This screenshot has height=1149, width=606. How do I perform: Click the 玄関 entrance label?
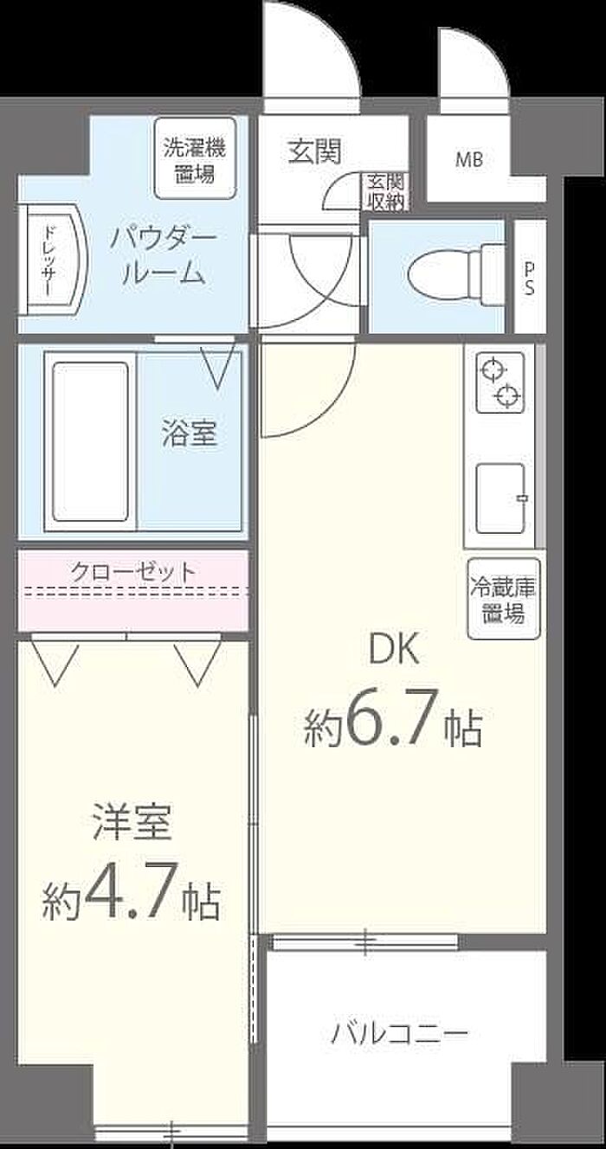(x=314, y=151)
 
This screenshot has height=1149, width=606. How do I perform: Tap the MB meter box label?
(x=469, y=160)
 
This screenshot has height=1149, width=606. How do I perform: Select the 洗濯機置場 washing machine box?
(x=195, y=158)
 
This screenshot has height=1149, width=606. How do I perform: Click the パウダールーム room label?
(x=163, y=257)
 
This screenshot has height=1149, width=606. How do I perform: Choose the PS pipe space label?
(x=528, y=279)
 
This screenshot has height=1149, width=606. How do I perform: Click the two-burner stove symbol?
(x=500, y=382)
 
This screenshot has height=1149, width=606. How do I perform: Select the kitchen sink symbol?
(x=501, y=498)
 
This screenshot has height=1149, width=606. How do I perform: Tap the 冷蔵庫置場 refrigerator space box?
(x=503, y=599)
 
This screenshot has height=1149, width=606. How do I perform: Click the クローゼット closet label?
(x=133, y=571)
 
